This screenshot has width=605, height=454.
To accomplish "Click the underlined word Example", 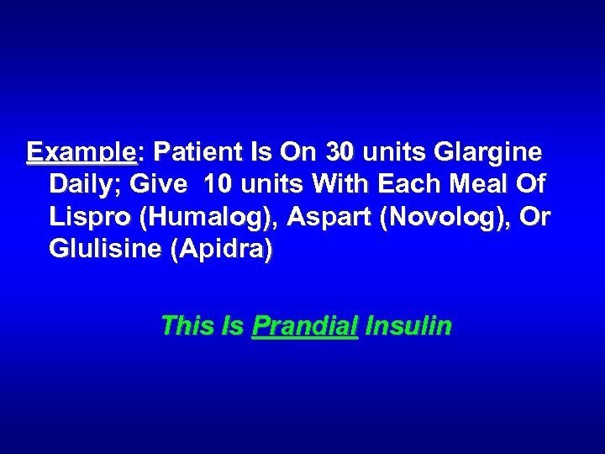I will point(81,153).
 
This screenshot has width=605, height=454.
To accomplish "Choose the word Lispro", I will point(91,217).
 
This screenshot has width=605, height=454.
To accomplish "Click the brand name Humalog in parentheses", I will point(209,217).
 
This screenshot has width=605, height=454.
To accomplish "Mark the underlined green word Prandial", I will point(305,325).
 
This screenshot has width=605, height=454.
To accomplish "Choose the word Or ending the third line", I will point(535,217).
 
